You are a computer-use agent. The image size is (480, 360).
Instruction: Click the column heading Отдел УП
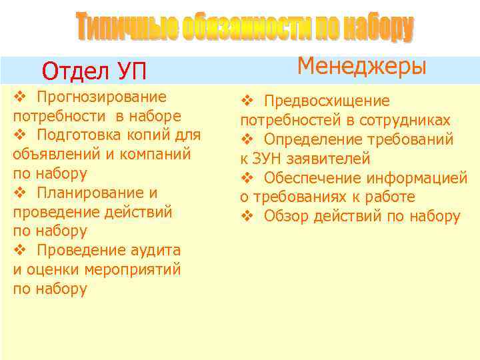(x=93, y=71)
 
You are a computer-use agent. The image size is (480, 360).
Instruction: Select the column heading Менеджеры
(x=361, y=66)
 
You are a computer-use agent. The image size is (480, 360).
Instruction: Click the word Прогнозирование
(x=102, y=97)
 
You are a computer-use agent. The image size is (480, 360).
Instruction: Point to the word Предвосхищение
(x=327, y=101)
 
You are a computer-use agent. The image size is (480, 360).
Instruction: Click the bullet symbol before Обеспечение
(x=246, y=178)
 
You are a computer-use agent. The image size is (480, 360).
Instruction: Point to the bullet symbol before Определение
(x=246, y=140)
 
